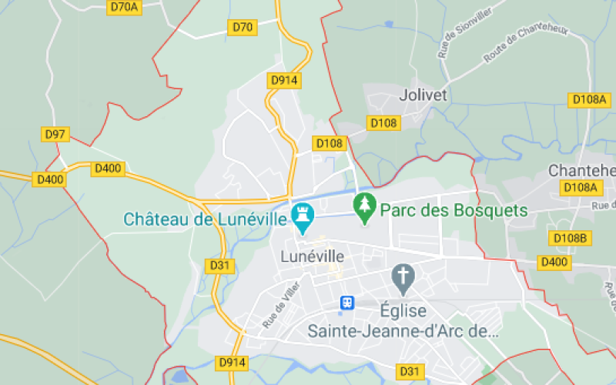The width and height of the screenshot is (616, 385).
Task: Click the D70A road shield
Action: tap(123, 7)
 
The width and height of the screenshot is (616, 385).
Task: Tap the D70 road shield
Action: tap(243, 28)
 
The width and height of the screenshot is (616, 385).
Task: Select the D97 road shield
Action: tap(55, 134)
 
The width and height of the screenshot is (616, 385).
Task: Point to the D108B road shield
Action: tap(570, 238)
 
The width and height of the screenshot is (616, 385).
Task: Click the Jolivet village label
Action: tap(423, 95)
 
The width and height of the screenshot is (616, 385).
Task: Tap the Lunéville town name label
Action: tap(312, 256)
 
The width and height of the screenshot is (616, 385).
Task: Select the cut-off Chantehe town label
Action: tap(581, 170)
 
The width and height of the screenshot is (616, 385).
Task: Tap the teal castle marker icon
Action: tap(302, 216)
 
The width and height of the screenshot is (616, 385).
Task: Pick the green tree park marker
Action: tap(363, 206)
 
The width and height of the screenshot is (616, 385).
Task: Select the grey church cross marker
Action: tap(403, 276)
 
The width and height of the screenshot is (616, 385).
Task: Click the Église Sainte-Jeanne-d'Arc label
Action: tap(403, 320)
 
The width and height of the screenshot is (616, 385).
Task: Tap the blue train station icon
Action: tap(347, 303)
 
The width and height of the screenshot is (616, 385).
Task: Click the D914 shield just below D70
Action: tap(284, 80)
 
